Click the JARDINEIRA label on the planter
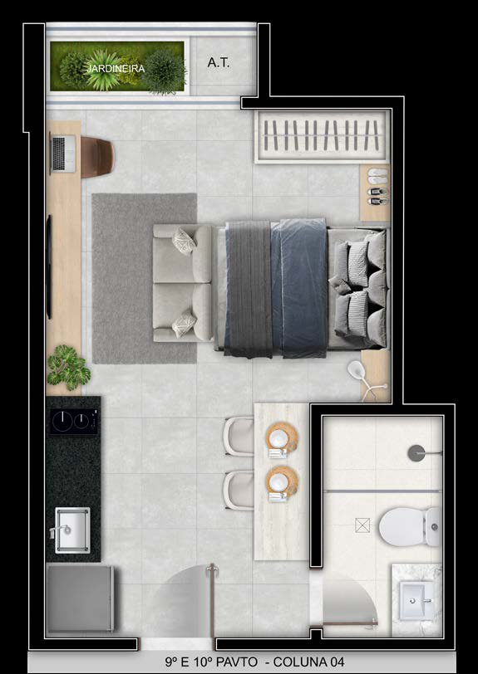tap(116, 68)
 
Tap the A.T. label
tap(219, 63)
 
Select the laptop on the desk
tap(63, 154)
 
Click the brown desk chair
tap(97, 157)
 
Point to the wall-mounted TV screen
tap(49, 266)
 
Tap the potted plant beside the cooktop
tap(68, 367)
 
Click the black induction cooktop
tap(73, 421)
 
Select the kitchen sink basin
tap(72, 530)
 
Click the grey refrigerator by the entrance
tap(80, 598)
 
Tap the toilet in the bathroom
tap(410, 526)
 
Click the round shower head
tap(416, 453)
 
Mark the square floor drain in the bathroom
tap(362, 525)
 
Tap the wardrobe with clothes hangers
tap(322, 137)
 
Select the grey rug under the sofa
tap(145, 279)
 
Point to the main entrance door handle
tap(211, 570)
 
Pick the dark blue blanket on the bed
tap(299, 288)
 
